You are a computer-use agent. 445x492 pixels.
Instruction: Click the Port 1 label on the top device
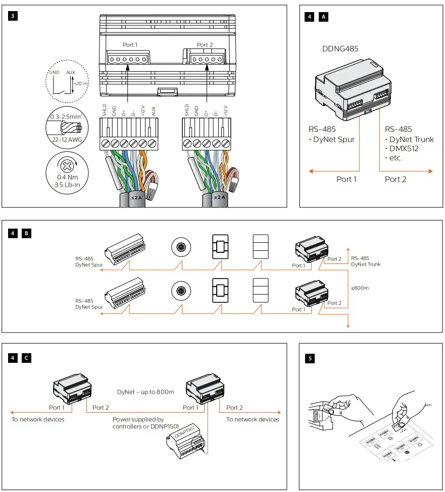click(x=130, y=45)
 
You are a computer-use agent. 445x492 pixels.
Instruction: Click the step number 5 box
click(x=310, y=358)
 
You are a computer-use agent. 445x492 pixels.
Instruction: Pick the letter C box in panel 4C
click(x=27, y=358)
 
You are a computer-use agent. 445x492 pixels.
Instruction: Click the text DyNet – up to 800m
click(x=145, y=392)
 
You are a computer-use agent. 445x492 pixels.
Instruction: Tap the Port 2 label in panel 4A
click(x=395, y=179)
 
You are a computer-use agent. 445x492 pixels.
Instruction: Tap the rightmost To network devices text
click(x=253, y=419)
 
